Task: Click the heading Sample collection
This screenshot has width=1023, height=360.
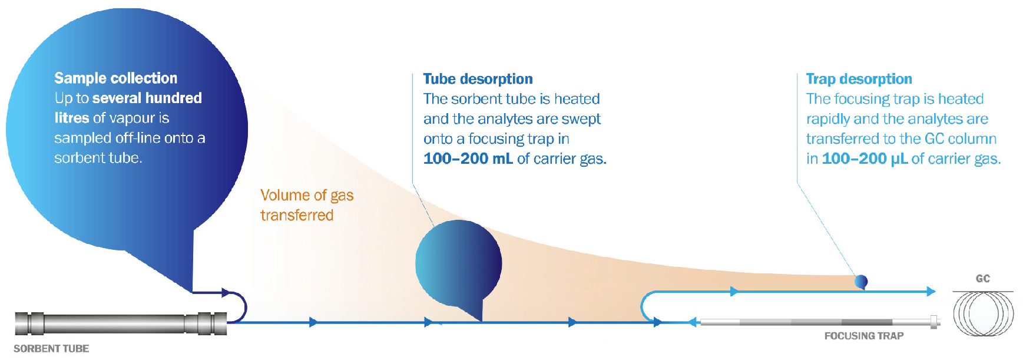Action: point(115,78)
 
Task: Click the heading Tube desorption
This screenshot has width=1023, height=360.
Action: point(478,79)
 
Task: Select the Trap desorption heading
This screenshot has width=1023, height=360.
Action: point(859,79)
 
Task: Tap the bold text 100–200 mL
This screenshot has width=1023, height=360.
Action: point(468,158)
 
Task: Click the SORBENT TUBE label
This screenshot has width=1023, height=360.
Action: point(51,349)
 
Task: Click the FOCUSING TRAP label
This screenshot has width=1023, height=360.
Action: point(863,336)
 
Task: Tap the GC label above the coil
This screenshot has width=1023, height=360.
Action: point(983,279)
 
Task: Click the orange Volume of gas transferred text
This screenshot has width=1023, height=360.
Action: point(307,205)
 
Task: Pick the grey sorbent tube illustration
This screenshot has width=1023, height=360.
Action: point(121,323)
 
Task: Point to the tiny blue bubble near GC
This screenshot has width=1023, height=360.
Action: point(861,282)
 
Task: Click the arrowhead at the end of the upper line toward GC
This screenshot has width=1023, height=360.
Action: point(931,291)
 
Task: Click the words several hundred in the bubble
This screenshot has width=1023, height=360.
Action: point(147,98)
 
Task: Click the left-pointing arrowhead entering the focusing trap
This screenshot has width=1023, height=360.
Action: point(693,322)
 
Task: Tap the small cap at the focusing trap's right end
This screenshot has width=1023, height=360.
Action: point(934,322)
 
